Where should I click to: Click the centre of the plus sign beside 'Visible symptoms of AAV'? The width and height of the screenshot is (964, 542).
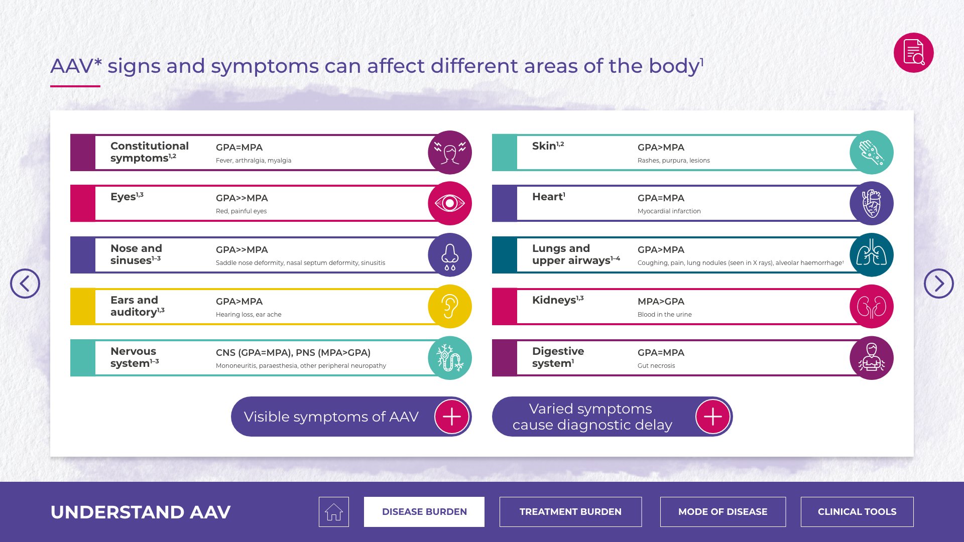coord(451,417)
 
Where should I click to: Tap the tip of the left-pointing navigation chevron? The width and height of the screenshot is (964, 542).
coord(19,284)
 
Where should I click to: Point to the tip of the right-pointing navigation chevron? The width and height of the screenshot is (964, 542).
coord(945,284)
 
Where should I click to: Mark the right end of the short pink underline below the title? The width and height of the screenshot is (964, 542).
coord(100,86)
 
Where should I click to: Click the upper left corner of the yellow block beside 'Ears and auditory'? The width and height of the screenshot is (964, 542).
coord(70,288)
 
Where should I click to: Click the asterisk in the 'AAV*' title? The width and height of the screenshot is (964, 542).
coord(97,62)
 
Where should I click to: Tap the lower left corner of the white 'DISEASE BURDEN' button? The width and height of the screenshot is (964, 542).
coord(364,526)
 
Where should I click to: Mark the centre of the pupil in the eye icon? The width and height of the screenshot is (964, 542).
coord(450,203)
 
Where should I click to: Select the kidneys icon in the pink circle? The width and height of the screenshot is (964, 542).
coord(872,307)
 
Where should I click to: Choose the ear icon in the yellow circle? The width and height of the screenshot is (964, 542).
coord(450,307)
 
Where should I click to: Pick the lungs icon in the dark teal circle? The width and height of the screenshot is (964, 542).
coord(872,254)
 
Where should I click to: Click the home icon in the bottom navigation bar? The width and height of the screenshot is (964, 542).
coord(334,512)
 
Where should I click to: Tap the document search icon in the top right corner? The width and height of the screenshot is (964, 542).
coord(914,53)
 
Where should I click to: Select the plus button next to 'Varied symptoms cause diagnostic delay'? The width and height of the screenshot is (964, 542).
coord(713,417)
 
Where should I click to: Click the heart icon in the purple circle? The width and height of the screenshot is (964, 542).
coord(872,203)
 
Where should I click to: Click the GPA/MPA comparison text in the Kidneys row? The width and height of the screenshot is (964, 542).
coord(661,301)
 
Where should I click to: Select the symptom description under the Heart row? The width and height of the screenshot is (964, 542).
coord(669,211)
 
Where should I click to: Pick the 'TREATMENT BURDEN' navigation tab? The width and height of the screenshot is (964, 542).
coord(570,512)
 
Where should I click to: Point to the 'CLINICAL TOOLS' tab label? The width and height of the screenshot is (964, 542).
coord(857,512)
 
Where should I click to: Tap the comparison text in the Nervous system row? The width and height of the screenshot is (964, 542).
coord(293,353)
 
